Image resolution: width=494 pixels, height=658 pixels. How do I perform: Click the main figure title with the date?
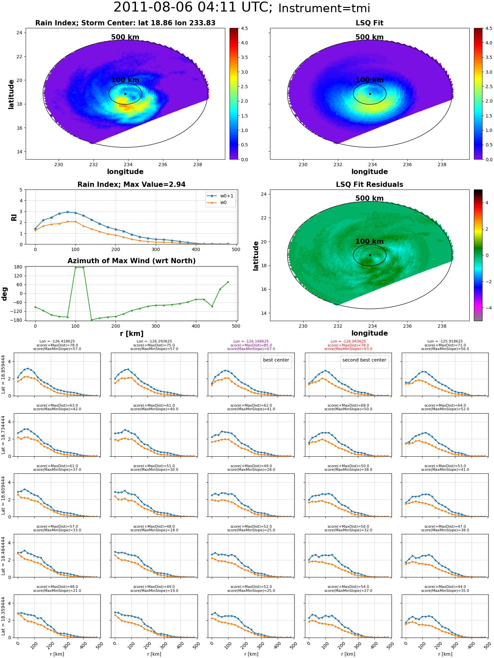coord(242,8)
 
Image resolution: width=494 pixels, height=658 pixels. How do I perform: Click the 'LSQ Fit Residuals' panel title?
coord(370,185)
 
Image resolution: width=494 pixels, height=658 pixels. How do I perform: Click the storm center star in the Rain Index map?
coord(125,94)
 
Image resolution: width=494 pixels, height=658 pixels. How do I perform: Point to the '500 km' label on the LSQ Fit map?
coord(370,37)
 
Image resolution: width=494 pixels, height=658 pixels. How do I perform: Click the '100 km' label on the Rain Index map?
coord(125,80)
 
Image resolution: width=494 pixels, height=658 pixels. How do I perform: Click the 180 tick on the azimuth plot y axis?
coord(18,267)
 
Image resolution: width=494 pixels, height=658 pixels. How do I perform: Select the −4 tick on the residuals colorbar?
coord(487,308)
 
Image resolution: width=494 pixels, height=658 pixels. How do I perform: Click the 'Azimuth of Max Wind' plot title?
coord(131,261)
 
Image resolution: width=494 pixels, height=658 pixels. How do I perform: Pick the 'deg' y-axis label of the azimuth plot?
coord(5,294)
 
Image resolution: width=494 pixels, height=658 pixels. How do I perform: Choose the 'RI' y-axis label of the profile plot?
coord(14,217)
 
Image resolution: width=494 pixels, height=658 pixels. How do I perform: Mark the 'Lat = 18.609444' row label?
coord(3,495)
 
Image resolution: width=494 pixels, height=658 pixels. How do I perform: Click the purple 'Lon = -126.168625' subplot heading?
coord(251,342)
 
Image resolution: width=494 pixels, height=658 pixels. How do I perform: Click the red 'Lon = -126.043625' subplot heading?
coord(348,342)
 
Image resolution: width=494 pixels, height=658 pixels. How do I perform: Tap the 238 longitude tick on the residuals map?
coord(442,326)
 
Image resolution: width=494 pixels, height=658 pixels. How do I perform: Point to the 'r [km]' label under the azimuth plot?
coord(131,334)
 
